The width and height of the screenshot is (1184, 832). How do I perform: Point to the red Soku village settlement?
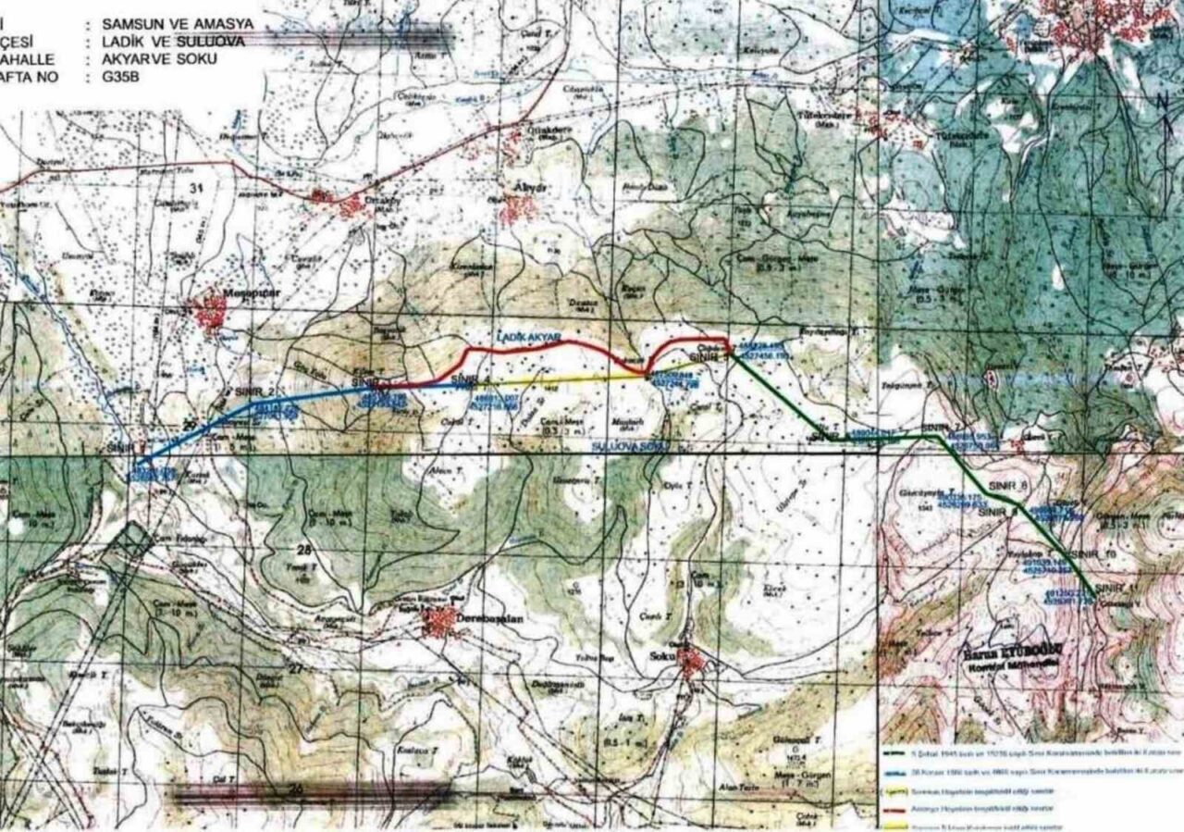(x=690, y=660)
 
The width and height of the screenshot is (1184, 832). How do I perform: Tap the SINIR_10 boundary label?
(x=1091, y=553)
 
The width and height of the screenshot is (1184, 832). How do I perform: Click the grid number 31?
(x=194, y=189)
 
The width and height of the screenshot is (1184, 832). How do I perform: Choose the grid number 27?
(x=295, y=668)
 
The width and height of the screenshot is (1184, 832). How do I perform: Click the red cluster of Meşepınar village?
(x=211, y=312)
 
